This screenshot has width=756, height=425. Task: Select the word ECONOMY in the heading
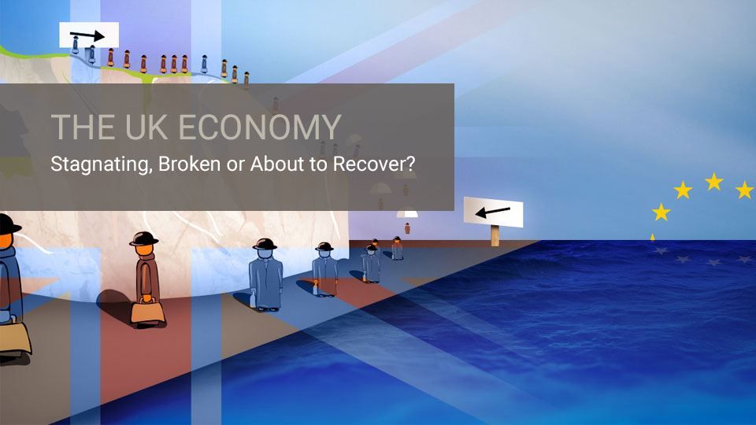260,127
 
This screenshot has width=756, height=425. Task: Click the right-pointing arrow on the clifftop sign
87,35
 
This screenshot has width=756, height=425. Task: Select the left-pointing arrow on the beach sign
492,212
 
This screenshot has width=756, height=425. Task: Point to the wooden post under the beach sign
495,235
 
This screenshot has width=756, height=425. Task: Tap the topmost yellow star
713,182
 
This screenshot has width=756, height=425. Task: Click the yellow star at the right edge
746,190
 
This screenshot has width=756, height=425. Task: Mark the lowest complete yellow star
661,212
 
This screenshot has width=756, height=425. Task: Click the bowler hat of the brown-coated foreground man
143,238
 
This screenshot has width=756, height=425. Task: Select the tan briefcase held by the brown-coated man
147,311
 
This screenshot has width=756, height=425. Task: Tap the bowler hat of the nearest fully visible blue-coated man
265,244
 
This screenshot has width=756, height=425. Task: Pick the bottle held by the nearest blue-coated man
253,298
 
